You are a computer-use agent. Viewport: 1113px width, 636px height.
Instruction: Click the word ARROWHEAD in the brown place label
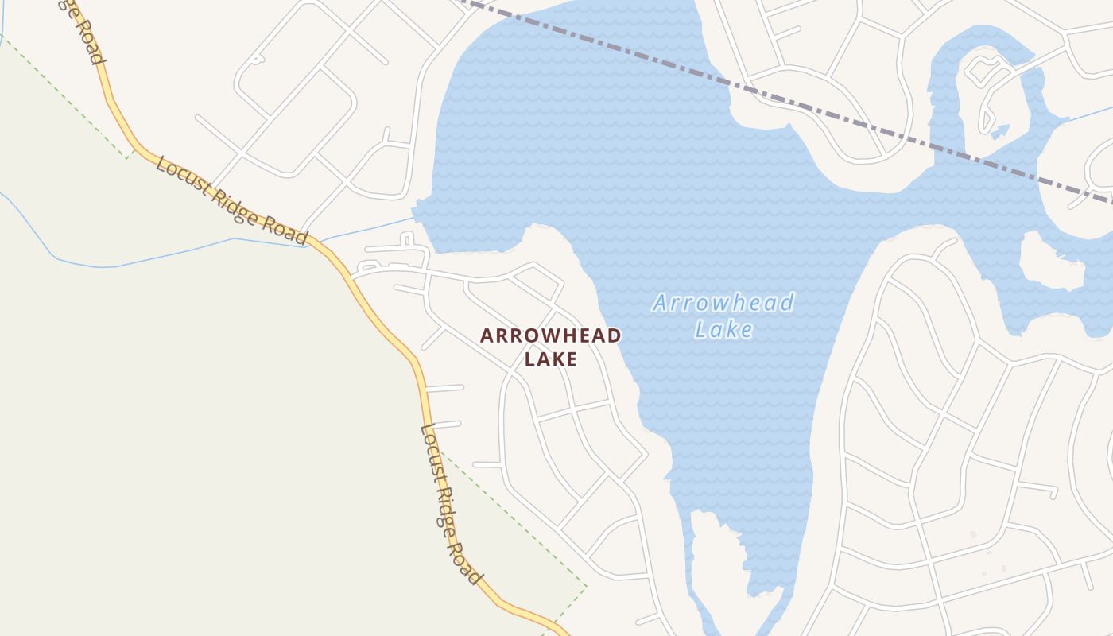click(550, 335)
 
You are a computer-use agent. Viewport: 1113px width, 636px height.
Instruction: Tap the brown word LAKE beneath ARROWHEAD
click(550, 359)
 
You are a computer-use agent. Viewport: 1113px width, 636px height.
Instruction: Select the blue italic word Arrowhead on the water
click(723, 303)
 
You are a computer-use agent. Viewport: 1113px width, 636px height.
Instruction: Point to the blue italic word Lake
click(723, 328)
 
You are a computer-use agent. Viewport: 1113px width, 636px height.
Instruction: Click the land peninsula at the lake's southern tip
click(715, 556)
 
